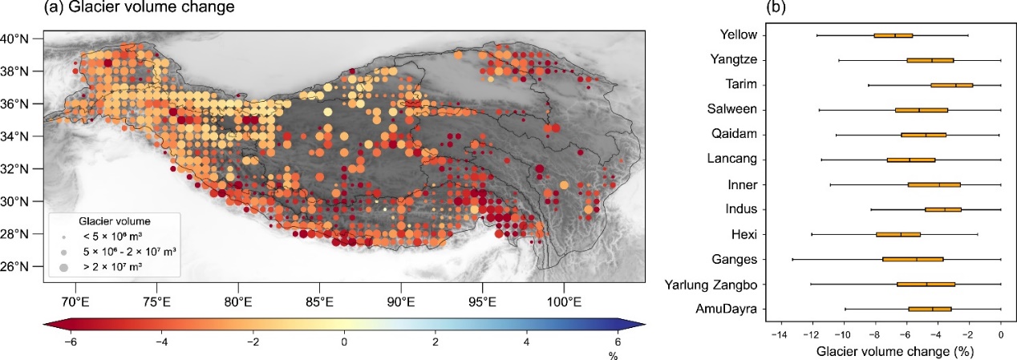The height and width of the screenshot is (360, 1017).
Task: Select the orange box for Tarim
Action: pos(951,85)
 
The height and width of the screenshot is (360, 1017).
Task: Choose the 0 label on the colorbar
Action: pos(345,342)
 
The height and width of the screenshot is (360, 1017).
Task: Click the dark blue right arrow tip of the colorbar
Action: pos(641,322)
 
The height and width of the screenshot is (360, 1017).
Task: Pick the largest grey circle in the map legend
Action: pos(64,265)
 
